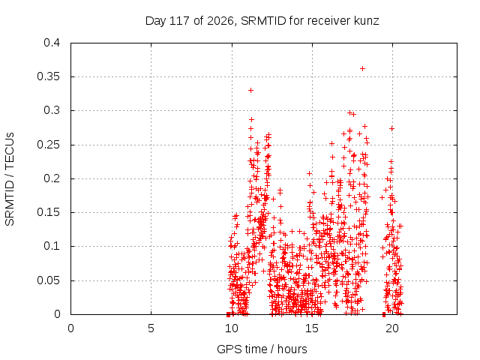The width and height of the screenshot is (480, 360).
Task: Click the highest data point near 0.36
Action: [x=362, y=68]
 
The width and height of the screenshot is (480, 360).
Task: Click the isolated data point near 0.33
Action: [x=250, y=90]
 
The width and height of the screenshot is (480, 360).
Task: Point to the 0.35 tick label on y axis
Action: [x=48, y=76]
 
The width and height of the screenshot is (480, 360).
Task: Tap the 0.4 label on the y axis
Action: [x=52, y=43]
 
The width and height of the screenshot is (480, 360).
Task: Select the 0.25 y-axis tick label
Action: [x=48, y=145]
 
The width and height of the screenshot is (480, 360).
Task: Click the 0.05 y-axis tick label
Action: [x=48, y=280]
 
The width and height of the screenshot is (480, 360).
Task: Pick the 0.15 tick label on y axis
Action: [x=48, y=212]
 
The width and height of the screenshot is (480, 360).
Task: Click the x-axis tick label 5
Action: [x=151, y=328]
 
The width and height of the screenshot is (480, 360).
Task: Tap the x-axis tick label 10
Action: [x=232, y=328]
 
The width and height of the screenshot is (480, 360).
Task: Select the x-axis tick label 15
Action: [x=312, y=328]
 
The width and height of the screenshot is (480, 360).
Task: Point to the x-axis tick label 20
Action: [x=392, y=328]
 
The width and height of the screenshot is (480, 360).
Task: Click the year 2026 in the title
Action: [x=220, y=21]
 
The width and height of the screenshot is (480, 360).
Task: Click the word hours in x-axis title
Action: [x=292, y=349]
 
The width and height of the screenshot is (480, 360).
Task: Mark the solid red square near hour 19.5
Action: [x=384, y=314]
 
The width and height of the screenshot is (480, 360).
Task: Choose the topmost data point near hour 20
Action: [x=391, y=128]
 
